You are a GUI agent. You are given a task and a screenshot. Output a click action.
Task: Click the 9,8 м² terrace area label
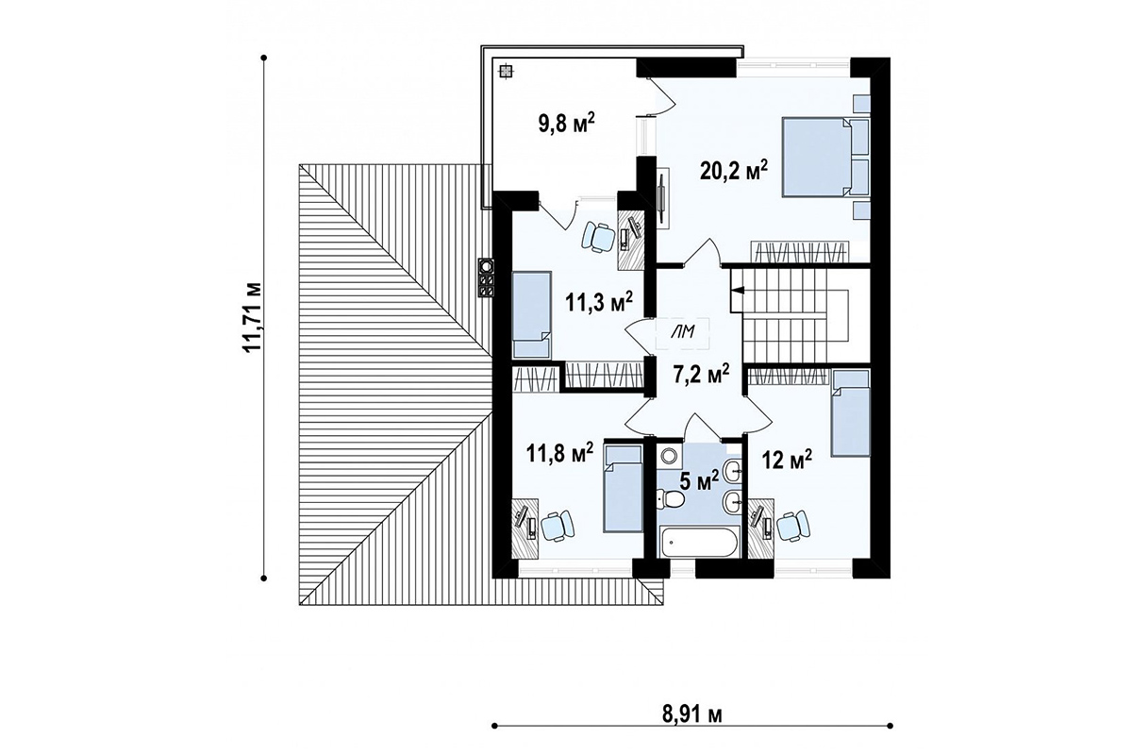point(567,124)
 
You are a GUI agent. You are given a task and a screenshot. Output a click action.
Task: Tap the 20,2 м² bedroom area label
point(734,171)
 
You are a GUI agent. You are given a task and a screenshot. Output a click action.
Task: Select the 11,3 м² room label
point(599,302)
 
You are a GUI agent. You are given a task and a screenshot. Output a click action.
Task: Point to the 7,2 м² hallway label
point(701,375)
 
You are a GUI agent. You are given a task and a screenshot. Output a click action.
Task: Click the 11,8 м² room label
point(560,453)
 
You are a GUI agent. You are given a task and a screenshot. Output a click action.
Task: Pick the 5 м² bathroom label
point(699,481)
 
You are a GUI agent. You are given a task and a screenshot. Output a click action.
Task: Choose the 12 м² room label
point(788,461)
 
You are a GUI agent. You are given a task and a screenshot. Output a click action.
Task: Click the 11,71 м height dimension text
point(253,316)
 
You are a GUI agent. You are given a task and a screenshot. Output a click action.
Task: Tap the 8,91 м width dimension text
point(691,715)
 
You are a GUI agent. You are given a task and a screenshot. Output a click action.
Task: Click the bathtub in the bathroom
point(699,542)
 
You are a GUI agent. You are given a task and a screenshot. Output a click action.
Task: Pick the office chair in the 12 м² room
point(793,526)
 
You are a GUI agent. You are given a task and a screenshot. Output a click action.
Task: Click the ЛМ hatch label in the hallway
point(683,332)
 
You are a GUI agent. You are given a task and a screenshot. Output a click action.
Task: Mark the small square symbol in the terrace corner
point(506,72)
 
